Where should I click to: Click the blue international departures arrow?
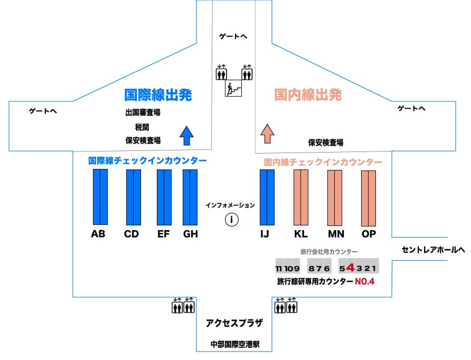tap(185, 135)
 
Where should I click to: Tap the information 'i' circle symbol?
tap(231, 220)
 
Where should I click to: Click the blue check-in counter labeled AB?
tap(100, 197)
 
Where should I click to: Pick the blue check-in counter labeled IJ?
tap(267, 197)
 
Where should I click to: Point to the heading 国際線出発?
tap(158, 95)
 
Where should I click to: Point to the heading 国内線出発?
tap(308, 95)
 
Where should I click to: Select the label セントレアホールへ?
tap(433, 250)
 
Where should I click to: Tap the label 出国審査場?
tap(143, 112)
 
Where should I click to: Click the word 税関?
tap(143, 127)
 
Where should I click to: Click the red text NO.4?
tap(364, 282)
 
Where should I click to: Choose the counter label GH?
tap(190, 234)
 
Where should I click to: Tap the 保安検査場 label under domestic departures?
tap(326, 143)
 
